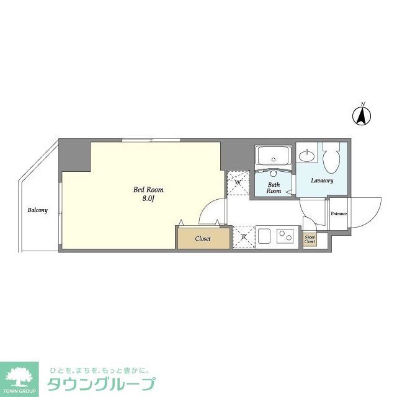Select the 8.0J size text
point(148,198)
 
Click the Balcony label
point(37,210)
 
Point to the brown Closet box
point(202,238)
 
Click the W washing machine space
point(237,183)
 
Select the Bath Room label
point(274,188)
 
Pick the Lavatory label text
point(322,181)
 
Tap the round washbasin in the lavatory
point(305,154)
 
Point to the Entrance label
point(339,215)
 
